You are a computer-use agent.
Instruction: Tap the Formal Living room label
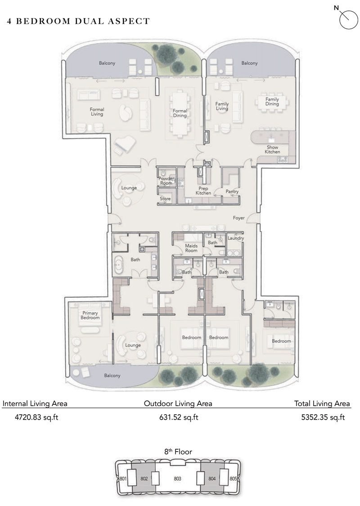[x=97, y=112]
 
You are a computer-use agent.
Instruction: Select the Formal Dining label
[x=180, y=113]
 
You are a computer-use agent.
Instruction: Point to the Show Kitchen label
[x=272, y=149]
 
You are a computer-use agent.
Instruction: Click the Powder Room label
[x=166, y=181]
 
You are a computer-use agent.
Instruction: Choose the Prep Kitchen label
[x=203, y=191]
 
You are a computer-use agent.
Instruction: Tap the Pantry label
[x=232, y=192]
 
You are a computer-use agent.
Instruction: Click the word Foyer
[x=238, y=218]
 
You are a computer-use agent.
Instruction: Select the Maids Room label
[x=191, y=248]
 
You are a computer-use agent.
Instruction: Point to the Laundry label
[x=235, y=238]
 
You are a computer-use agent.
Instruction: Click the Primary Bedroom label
[x=90, y=315]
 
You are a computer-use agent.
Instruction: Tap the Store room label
[x=165, y=198]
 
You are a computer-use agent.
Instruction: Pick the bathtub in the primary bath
[x=119, y=265]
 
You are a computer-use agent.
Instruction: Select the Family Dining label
[x=272, y=102]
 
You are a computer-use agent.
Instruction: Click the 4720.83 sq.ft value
[x=31, y=417]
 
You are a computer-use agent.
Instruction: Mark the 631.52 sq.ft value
[x=179, y=417]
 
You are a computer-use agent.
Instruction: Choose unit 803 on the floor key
[x=177, y=479]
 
